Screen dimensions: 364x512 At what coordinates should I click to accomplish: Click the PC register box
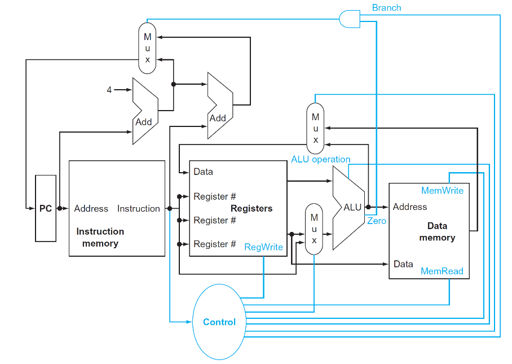[x=46, y=208]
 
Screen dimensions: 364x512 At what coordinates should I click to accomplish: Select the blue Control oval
[x=219, y=322]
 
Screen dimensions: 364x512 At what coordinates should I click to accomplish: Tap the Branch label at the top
[x=387, y=8]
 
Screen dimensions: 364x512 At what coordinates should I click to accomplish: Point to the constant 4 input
[x=109, y=90]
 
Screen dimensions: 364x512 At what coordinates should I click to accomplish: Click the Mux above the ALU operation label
[x=315, y=128]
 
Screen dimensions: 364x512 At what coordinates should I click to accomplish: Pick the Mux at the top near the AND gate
[x=147, y=49]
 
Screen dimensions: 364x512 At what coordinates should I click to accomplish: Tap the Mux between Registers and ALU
[x=314, y=229]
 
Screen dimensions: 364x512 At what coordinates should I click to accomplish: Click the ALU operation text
[x=320, y=159]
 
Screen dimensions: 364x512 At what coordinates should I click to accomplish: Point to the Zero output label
[x=377, y=221]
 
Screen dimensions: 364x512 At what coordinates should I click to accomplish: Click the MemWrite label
[x=442, y=190]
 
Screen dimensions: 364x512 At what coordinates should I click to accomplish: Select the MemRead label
[x=442, y=271]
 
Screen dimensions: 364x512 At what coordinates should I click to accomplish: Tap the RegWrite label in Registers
[x=263, y=247]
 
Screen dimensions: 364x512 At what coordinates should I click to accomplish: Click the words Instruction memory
[x=100, y=237]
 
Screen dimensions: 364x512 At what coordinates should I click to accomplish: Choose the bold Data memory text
[x=437, y=231]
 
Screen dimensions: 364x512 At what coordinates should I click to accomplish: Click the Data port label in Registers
[x=203, y=172]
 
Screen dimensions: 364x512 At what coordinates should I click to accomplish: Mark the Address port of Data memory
[x=410, y=207]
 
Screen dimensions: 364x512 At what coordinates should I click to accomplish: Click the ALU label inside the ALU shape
[x=352, y=207]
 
